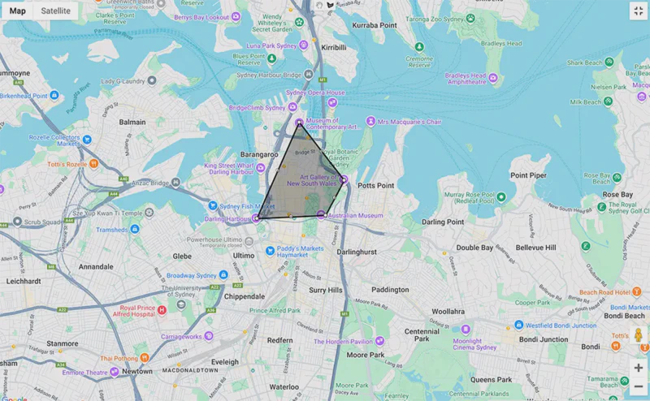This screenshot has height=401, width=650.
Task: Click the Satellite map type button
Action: (x=55, y=11)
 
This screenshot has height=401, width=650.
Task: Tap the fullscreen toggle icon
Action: (x=638, y=11)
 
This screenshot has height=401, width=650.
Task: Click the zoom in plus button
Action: (x=638, y=368)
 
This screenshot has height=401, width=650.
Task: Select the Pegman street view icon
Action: (x=638, y=335)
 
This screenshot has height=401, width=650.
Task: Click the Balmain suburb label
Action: (x=132, y=123)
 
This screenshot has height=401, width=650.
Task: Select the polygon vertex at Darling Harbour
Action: (x=258, y=218)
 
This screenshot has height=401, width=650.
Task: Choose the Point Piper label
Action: (x=527, y=175)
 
